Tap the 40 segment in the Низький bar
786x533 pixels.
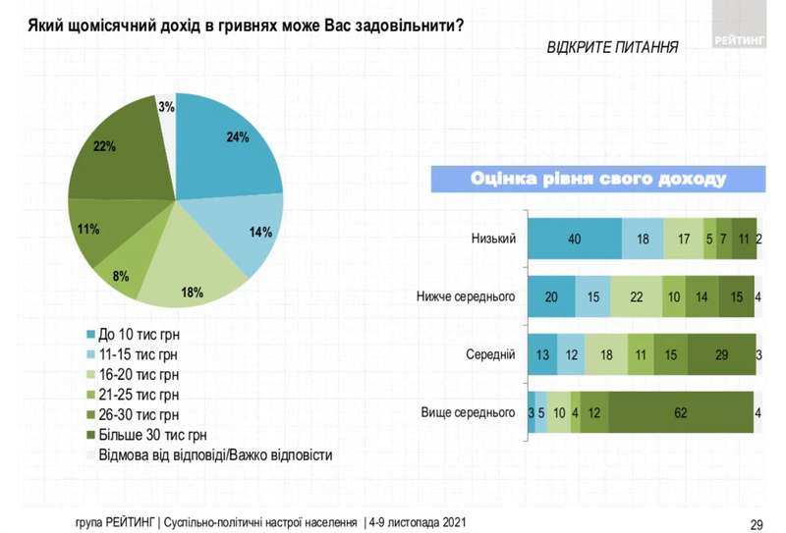[574, 239]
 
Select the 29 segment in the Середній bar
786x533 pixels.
[722, 353]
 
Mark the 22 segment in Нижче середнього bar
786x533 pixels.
[636, 296]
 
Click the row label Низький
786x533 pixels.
[494, 239]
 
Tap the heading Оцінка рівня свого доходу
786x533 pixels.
[598, 179]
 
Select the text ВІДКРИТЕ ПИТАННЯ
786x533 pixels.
[610, 45]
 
